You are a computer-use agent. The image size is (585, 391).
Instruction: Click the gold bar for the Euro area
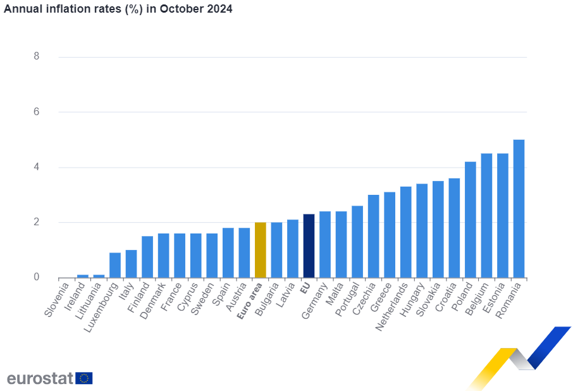(260, 250)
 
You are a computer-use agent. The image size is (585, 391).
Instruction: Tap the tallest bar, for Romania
(519, 208)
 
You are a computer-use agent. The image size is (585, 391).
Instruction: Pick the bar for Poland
(471, 220)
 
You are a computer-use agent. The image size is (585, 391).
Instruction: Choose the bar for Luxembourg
(115, 265)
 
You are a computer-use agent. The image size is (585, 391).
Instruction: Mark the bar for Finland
(147, 257)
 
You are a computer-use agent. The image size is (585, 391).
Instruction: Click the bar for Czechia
(373, 236)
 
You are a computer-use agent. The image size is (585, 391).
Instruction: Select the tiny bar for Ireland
(83, 276)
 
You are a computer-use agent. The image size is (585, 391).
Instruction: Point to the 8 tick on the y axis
(37, 56)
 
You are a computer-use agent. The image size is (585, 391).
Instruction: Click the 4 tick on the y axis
(37, 167)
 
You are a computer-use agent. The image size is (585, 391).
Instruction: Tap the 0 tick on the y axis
(37, 277)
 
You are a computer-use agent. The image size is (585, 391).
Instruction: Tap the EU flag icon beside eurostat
(84, 378)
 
